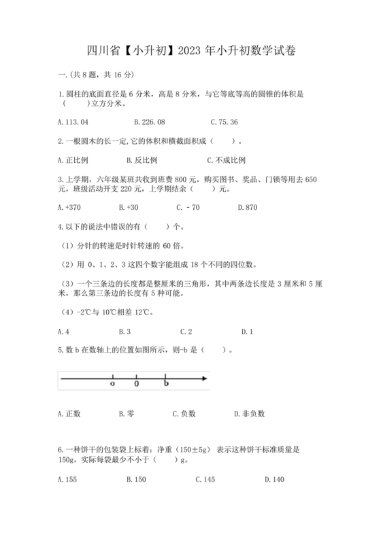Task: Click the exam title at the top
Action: pos(191,50)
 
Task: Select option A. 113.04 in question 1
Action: pos(73,122)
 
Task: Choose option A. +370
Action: pos(70,207)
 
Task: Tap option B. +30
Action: pos(128,207)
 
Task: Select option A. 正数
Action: pos(70,413)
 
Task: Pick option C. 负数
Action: pos(184,413)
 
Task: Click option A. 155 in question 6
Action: pos(68,480)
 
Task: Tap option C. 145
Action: pos(205,480)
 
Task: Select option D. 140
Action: pos(274,480)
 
